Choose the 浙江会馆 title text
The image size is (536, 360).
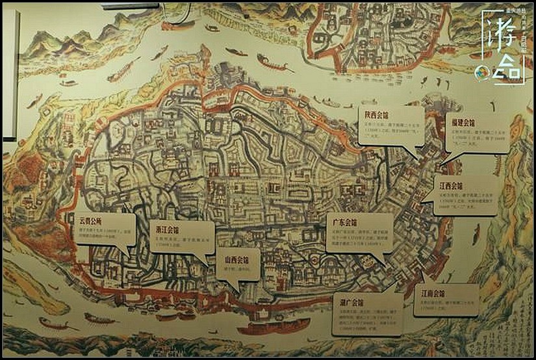(x=167, y=229)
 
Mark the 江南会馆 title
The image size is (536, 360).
(x=433, y=292)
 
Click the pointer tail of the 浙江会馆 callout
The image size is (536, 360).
(x=207, y=259)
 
